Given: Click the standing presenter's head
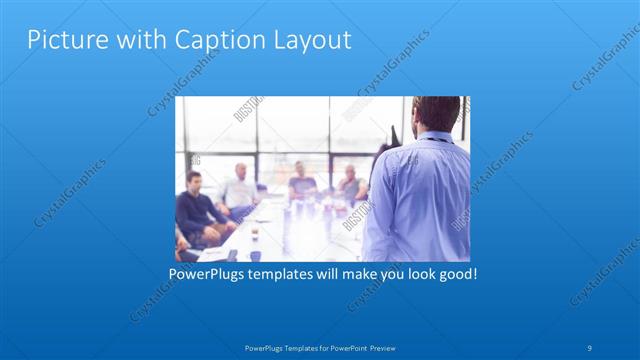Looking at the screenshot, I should (437, 115).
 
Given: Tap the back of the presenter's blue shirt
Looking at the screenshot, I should (420, 200).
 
